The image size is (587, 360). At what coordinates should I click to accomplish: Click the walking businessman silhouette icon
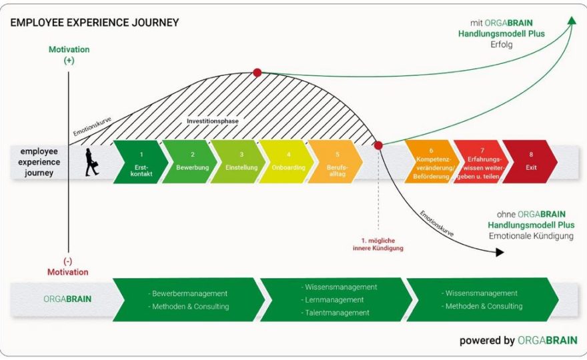point(91,162)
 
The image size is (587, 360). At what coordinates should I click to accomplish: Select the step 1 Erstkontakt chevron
point(140,161)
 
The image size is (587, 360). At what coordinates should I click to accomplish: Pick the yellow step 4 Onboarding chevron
point(287,161)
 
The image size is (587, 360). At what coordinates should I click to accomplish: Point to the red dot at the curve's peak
point(257,73)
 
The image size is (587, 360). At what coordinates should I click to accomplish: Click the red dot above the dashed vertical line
point(378,145)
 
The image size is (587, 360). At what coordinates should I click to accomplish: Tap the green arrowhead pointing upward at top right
point(572,20)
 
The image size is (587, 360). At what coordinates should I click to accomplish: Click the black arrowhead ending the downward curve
point(500,252)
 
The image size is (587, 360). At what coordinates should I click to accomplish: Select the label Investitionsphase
point(213,121)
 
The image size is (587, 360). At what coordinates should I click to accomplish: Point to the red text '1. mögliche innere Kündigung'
point(378,245)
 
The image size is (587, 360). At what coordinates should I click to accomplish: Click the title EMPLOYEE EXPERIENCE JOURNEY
point(95,23)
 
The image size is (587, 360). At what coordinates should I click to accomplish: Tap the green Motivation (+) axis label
point(69,55)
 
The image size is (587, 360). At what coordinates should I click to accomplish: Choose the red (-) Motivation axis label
point(68,267)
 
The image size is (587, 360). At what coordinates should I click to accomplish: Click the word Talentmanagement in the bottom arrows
point(338,313)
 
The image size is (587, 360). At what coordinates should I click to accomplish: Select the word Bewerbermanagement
point(190,294)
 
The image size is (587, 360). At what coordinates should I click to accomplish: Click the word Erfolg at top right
point(502,45)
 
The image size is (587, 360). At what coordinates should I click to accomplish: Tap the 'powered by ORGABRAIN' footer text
point(518,341)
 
